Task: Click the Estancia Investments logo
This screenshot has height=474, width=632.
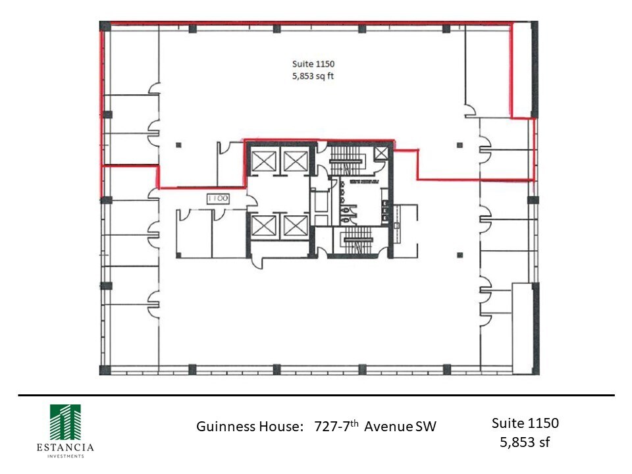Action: click(65, 422)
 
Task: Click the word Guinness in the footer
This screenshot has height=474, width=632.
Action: click(224, 427)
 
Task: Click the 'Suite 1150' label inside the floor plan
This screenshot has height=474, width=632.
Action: click(314, 64)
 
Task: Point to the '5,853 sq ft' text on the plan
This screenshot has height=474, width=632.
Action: click(314, 76)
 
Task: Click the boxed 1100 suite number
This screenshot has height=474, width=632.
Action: click(217, 198)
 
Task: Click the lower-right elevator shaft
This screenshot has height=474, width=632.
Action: click(294, 226)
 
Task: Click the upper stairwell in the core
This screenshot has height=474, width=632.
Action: click(347, 160)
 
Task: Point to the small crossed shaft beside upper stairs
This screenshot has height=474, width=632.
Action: click(381, 153)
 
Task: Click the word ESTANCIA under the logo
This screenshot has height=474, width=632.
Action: click(65, 448)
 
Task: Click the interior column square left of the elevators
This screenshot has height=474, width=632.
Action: click(178, 144)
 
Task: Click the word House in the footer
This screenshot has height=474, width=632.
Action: click(276, 427)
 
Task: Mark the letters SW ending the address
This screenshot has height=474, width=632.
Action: click(426, 427)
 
